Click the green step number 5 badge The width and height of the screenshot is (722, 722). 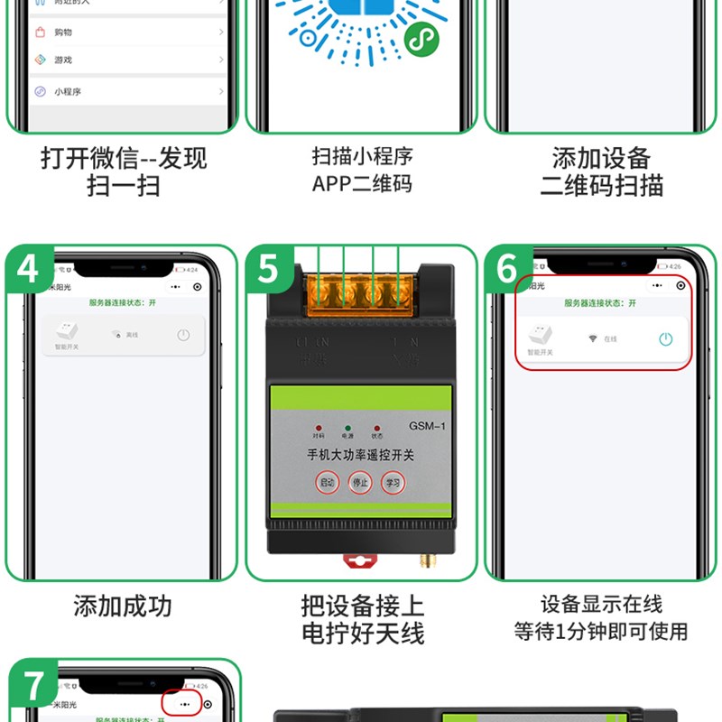pyautogui.click(x=268, y=269)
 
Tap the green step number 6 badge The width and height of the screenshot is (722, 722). pyautogui.click(x=506, y=269)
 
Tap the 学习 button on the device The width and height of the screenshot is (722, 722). pyautogui.click(x=393, y=483)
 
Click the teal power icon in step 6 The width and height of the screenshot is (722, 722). pyautogui.click(x=665, y=339)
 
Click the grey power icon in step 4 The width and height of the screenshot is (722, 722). pyautogui.click(x=183, y=335)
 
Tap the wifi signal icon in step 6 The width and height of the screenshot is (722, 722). pyautogui.click(x=593, y=338)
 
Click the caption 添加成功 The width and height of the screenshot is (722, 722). pyautogui.click(x=122, y=606)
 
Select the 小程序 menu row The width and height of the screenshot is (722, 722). pyautogui.click(x=126, y=91)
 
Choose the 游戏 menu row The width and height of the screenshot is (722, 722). pyautogui.click(x=126, y=60)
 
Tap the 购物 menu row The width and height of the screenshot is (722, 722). pyautogui.click(x=126, y=32)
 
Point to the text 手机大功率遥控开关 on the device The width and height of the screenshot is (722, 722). pyautogui.click(x=361, y=456)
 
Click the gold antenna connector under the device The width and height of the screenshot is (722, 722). pyautogui.click(x=421, y=563)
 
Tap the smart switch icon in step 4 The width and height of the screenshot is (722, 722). pyautogui.click(x=66, y=331)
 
